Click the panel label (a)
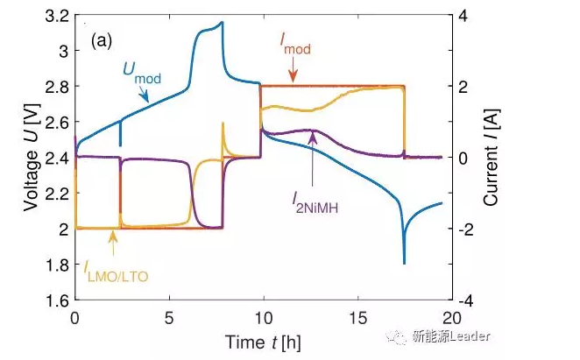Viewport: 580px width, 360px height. (101, 40)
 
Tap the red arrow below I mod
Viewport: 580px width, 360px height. (292, 73)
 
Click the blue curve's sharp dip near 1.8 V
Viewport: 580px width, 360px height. (404, 260)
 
